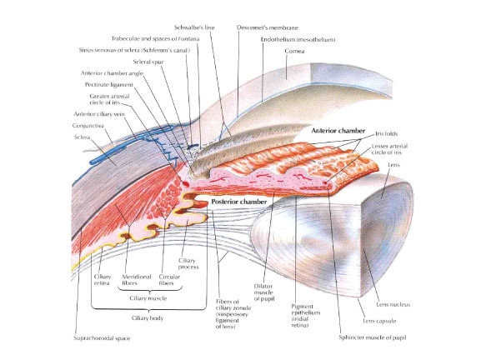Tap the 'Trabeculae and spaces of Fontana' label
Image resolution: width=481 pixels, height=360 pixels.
(152, 38)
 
